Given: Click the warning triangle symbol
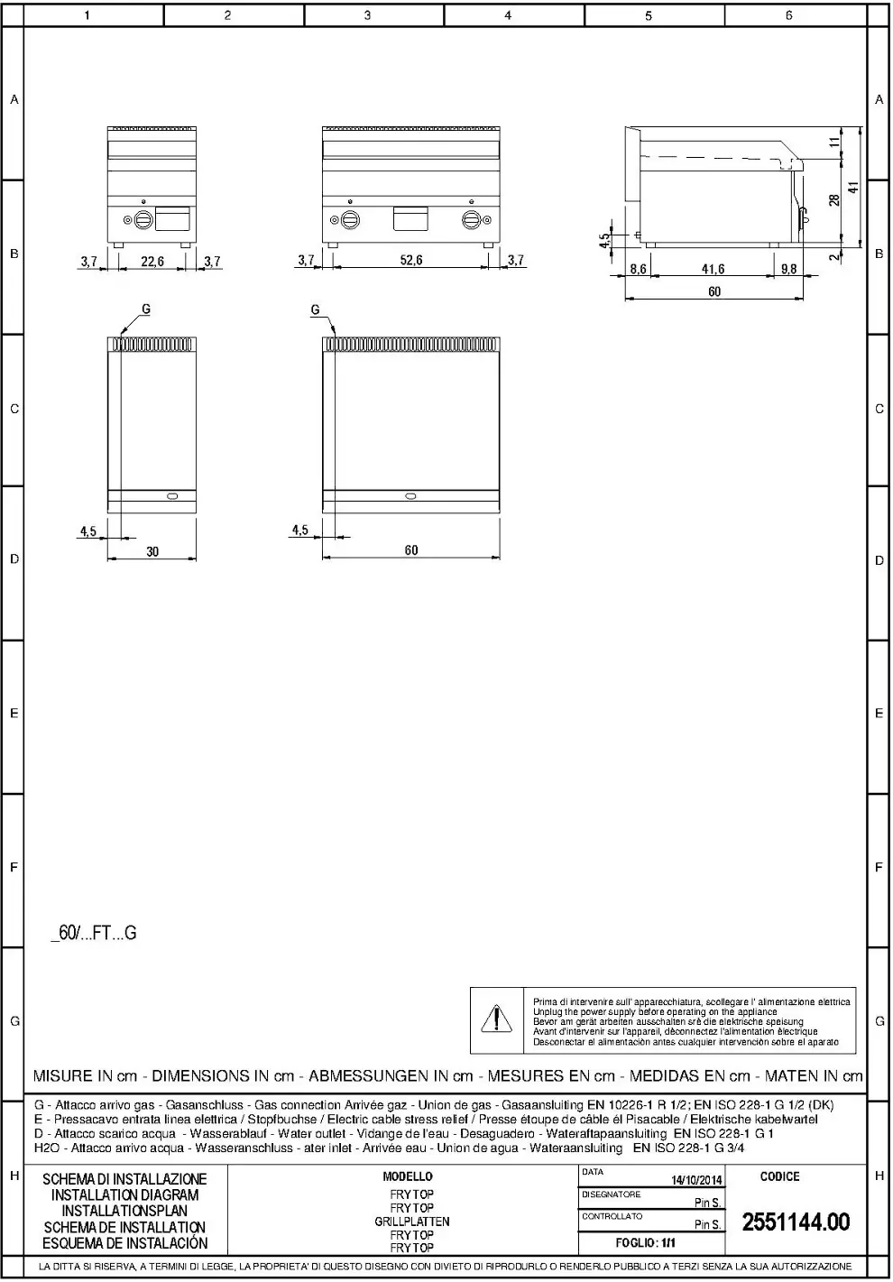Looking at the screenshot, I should tap(496, 1019).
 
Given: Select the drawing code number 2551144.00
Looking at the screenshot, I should tap(796, 1222).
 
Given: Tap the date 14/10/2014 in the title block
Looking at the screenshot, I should tap(696, 1180).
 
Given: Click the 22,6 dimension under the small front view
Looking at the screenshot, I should tap(152, 262).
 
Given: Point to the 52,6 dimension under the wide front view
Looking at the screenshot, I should tap(410, 260).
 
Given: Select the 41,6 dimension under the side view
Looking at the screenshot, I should tap(713, 269).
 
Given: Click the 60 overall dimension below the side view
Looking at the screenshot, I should tap(714, 291).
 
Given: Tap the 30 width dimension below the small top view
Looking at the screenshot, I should tap(152, 551).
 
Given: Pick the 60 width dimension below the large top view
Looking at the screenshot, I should tap(411, 550).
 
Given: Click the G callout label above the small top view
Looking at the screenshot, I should tap(145, 309).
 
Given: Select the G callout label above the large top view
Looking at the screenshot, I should tap(315, 309).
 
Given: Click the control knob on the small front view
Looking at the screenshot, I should tap(143, 218).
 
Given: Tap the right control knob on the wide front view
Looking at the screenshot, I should tap(472, 219).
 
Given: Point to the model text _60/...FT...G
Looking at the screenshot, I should tap(94, 934).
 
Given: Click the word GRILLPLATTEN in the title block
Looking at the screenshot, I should tap(412, 1222).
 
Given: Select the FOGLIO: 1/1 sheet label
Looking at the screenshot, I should tap(646, 1242).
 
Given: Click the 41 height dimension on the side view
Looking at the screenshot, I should tap(852, 188).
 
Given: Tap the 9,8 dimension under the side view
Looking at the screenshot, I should tap(788, 269).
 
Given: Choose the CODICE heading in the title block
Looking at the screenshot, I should tap(779, 1176).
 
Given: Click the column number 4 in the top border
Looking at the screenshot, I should tap(508, 15).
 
